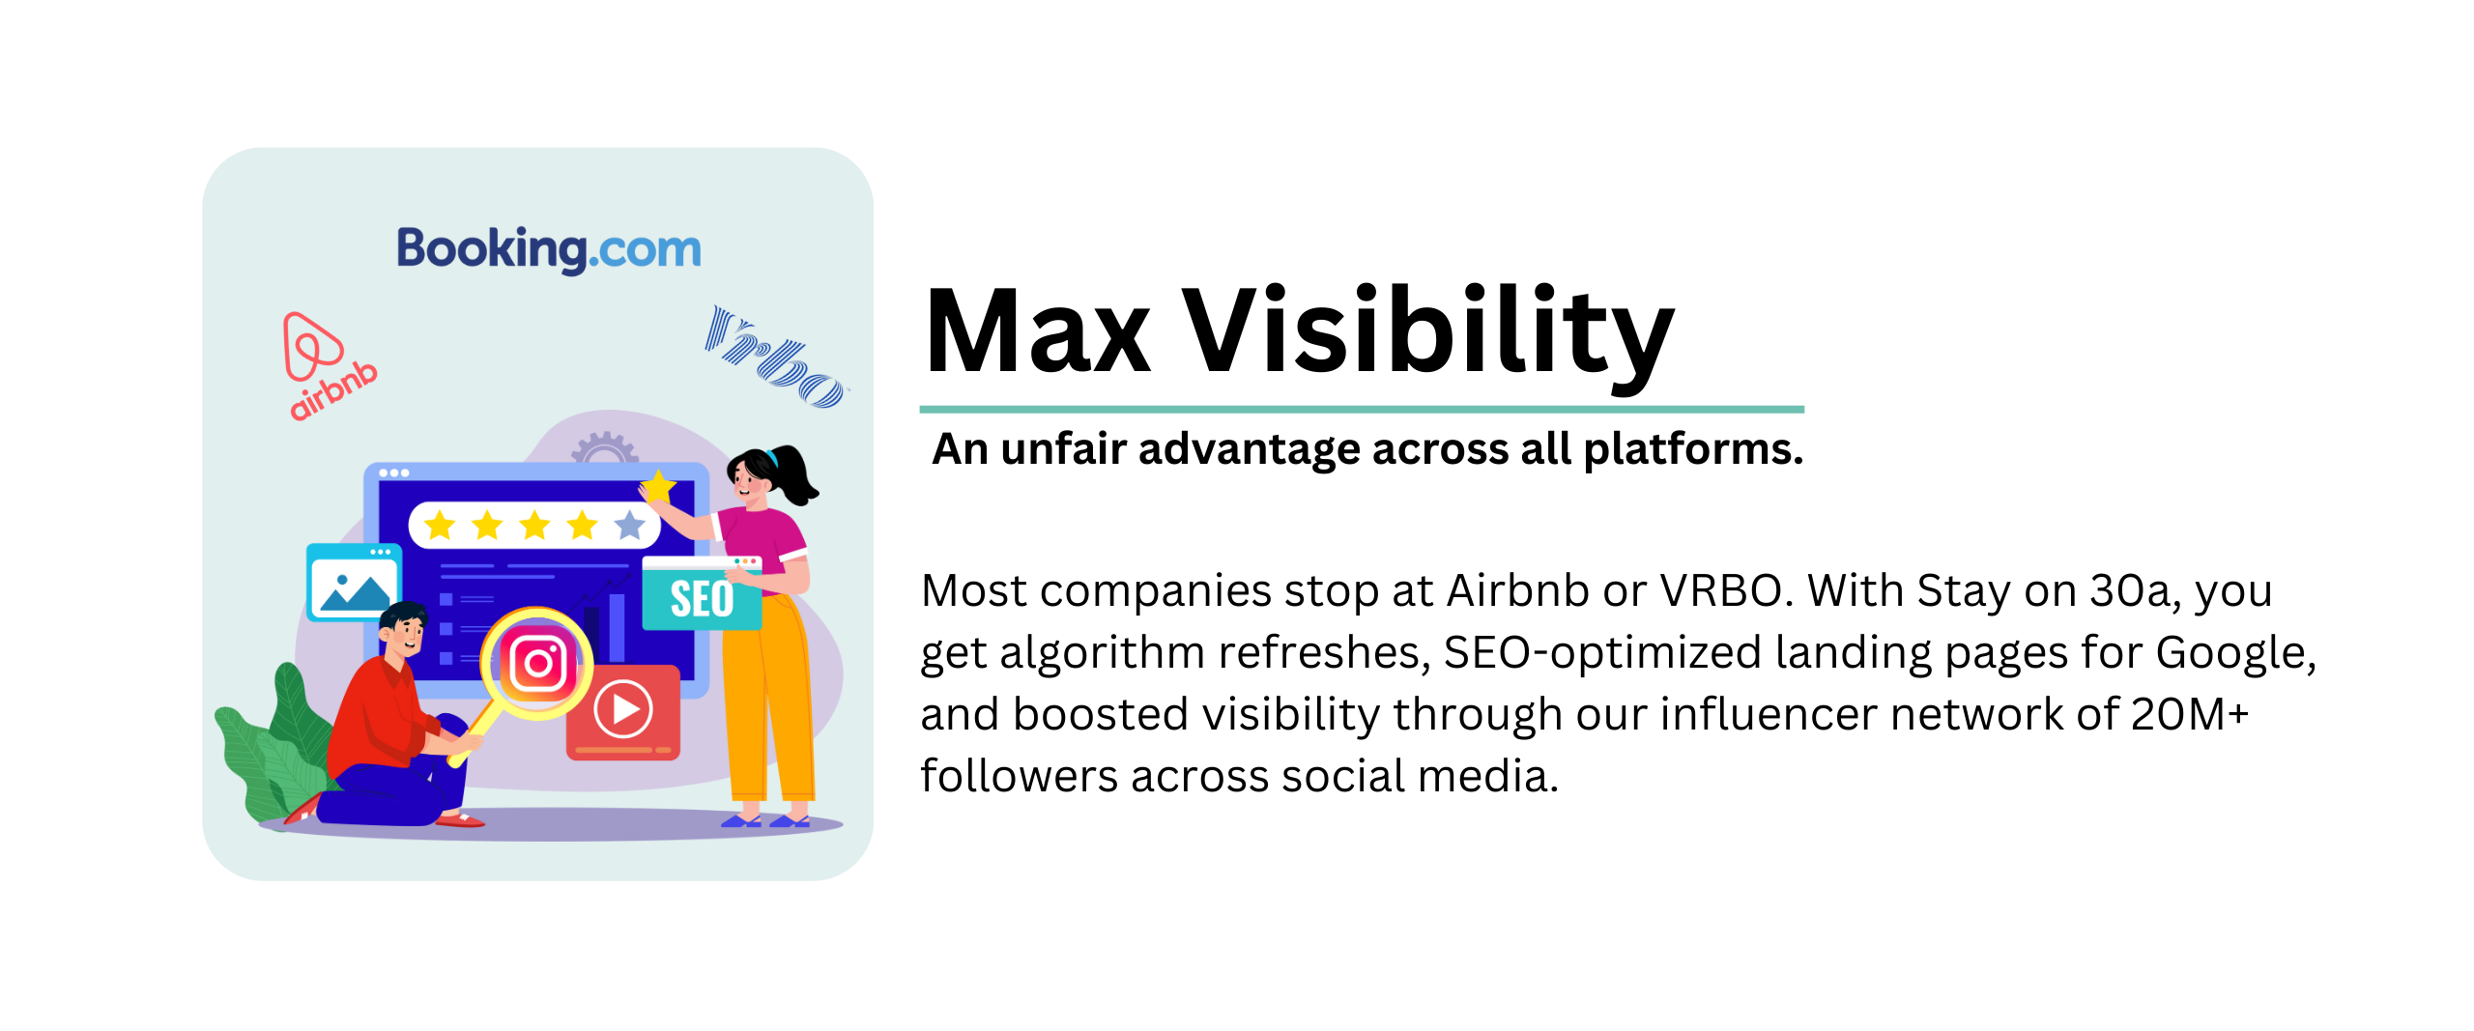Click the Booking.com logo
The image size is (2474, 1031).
click(549, 249)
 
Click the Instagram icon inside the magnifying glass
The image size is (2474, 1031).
click(538, 663)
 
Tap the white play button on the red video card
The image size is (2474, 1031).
click(623, 709)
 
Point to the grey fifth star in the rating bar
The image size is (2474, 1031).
click(630, 525)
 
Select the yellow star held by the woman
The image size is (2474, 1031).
click(658, 486)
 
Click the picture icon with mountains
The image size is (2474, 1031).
click(354, 582)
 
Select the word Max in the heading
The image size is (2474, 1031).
click(1037, 331)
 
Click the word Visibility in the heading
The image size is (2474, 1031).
click(1428, 338)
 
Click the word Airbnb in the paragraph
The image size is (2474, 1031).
click(1518, 590)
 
